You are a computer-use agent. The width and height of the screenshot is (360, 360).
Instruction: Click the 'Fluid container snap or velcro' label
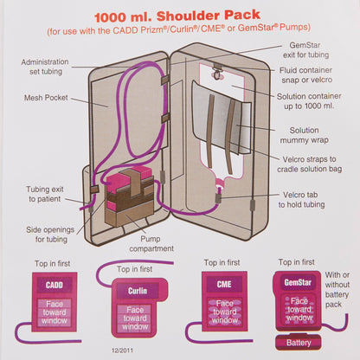pos(317,83)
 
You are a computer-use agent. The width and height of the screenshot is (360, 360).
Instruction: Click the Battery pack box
pos(300,343)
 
